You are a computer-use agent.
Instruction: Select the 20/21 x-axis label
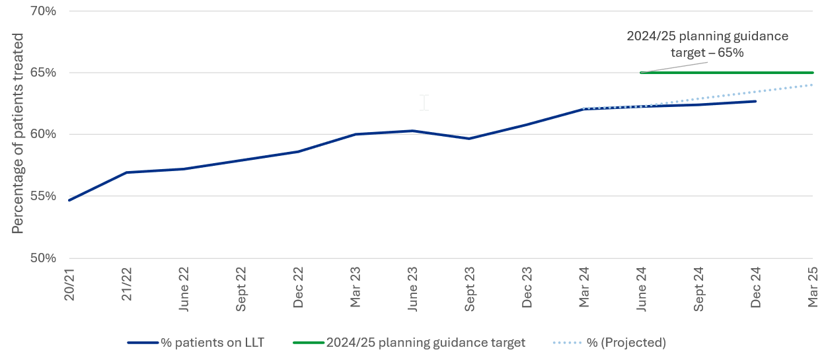(69, 284)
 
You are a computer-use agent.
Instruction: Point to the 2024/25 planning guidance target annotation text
(707, 44)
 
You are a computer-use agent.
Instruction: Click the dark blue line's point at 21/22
(126, 172)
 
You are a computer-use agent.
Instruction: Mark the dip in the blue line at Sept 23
(470, 139)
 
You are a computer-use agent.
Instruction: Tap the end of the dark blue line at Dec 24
(755, 101)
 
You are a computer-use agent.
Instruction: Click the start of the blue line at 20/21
(69, 200)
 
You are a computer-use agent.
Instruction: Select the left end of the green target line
(642, 73)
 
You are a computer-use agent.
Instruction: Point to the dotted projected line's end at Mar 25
(812, 85)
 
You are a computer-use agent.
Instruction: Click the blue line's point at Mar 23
(356, 134)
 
